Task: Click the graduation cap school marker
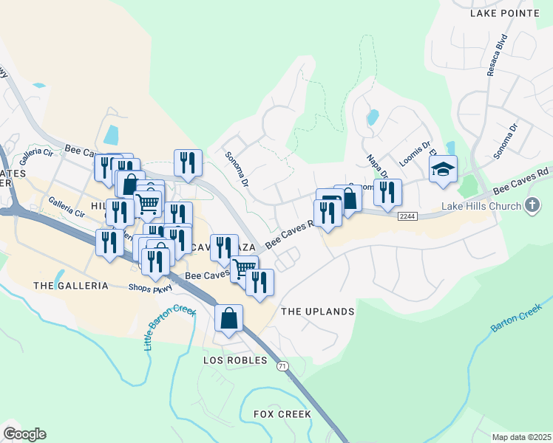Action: click(444, 170)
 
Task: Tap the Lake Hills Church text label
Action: click(482, 205)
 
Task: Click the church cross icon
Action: click(532, 205)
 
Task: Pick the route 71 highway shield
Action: click(281, 366)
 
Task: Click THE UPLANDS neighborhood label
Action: click(318, 312)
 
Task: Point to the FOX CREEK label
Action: click(283, 414)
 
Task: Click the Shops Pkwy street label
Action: click(150, 288)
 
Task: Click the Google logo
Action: click(24, 434)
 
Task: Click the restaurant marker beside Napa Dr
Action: click(387, 192)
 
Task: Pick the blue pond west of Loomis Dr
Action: click(373, 117)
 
